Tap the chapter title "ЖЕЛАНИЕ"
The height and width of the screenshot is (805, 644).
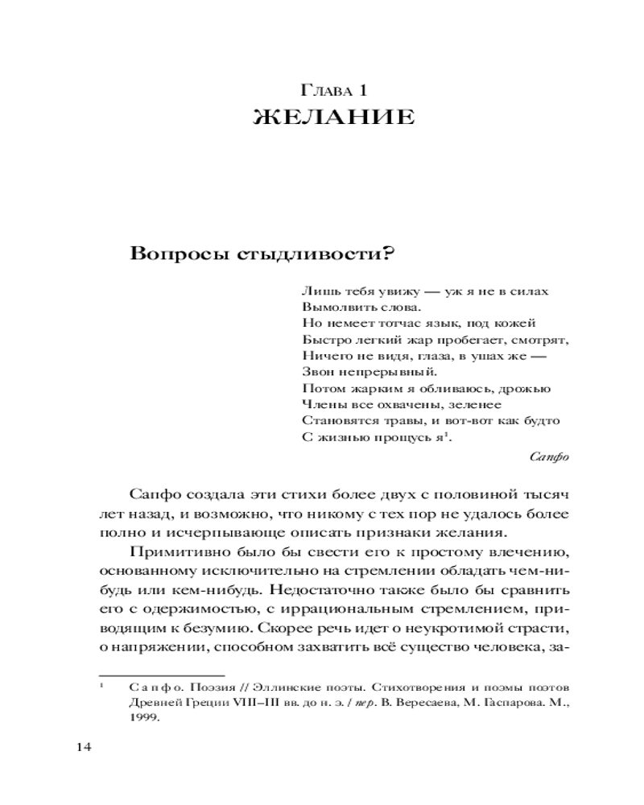click(334, 118)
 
